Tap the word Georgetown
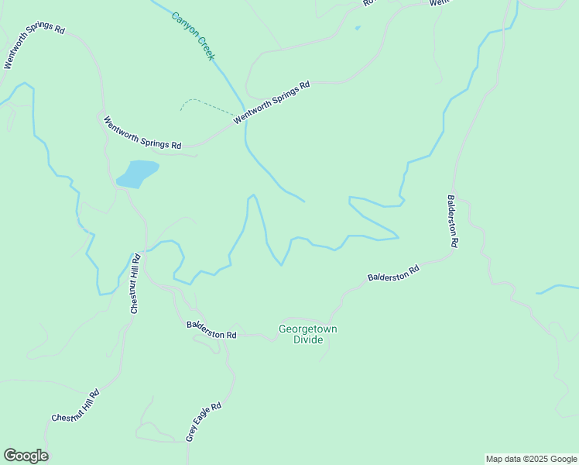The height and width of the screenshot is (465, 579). click(307, 329)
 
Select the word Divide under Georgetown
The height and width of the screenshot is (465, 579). click(307, 340)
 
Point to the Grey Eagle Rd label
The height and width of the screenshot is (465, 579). click(204, 422)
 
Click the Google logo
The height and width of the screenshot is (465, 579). click(26, 456)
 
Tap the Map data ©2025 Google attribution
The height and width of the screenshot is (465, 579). click(530, 459)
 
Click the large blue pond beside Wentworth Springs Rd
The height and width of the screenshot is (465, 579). click(138, 174)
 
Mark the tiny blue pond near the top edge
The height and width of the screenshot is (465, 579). click(357, 29)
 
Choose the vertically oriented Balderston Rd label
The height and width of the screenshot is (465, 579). click(453, 221)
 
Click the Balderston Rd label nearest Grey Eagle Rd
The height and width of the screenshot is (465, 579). click(211, 329)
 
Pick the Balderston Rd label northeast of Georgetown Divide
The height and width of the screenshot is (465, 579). click(393, 273)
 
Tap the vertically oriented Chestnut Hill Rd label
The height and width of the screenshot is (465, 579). click(135, 283)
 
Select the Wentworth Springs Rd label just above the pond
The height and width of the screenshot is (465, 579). click(143, 133)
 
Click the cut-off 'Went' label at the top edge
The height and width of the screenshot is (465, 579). click(439, 3)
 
